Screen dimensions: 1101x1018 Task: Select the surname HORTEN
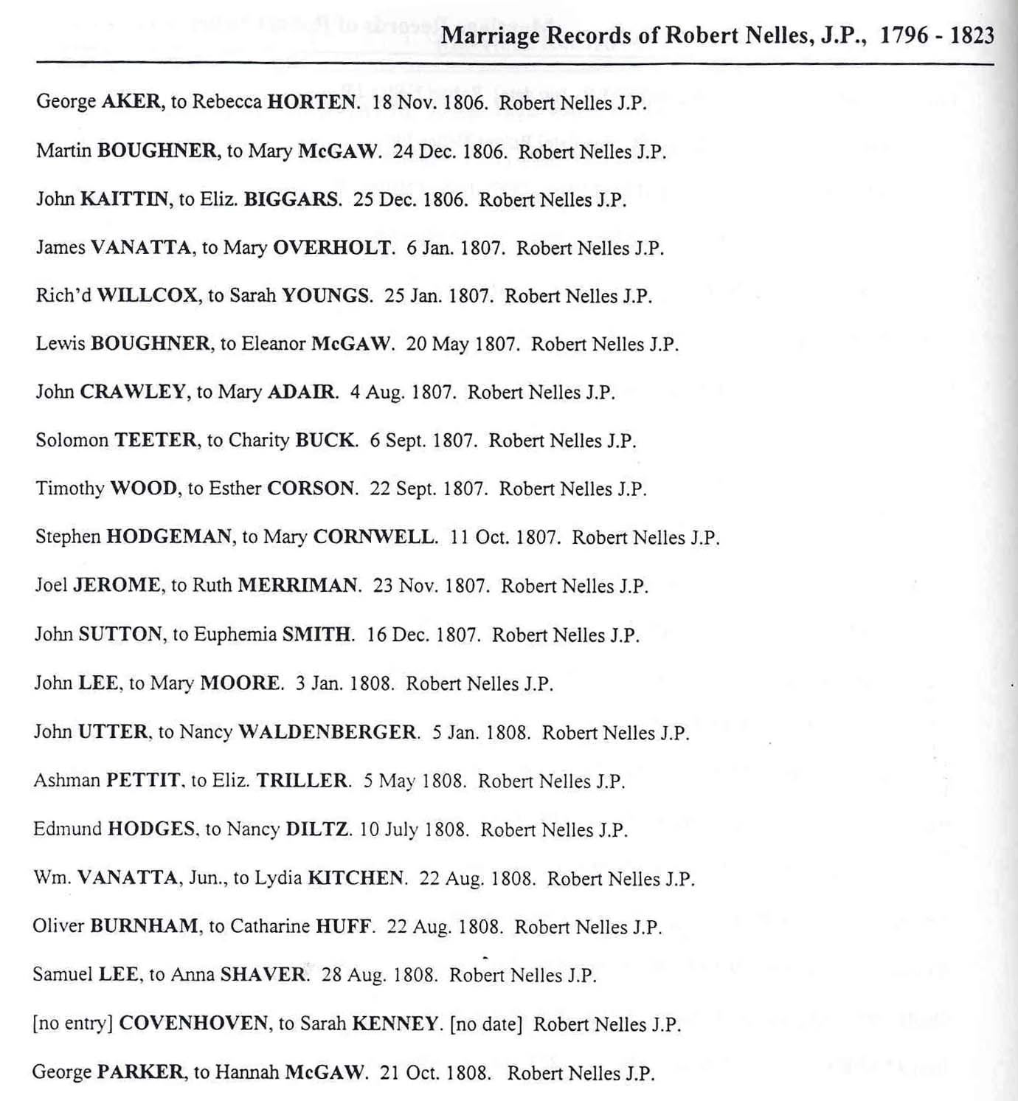pos(313,102)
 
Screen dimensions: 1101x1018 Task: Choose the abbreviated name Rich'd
pos(63,296)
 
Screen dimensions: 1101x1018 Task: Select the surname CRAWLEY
pos(133,392)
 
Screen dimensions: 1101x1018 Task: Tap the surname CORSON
pos(311,489)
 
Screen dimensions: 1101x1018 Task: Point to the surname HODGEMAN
pos(170,536)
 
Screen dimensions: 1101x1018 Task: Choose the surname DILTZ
pos(317,829)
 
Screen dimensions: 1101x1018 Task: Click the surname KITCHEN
pos(356,878)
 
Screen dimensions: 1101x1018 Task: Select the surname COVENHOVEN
pos(193,1024)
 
